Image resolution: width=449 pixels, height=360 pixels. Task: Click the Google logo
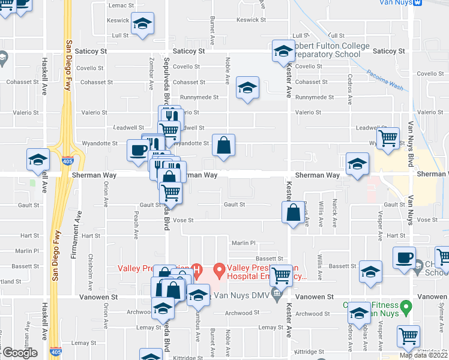pos(20,353)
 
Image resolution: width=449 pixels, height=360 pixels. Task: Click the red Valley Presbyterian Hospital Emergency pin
pos(220,271)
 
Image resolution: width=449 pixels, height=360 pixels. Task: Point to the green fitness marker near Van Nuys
pos(406,309)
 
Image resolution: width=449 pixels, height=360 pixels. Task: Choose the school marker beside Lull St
pos(143,24)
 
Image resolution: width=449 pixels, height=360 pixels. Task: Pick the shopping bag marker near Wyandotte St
pos(223,146)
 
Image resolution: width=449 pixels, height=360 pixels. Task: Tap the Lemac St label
pos(121,5)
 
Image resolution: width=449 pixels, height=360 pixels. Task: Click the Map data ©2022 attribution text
pos(424,355)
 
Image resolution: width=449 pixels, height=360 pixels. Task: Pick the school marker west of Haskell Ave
pos(38,160)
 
